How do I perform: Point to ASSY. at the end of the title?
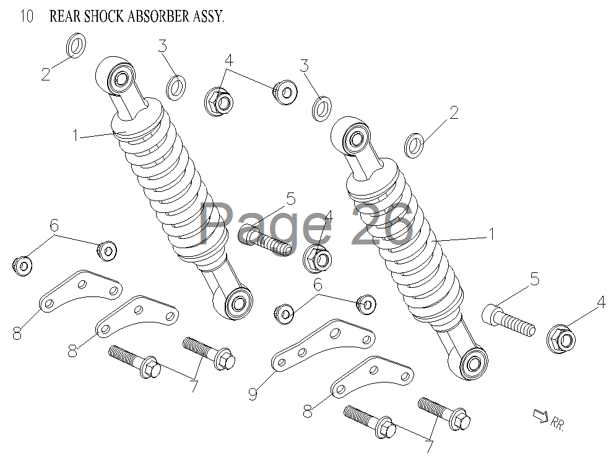[209, 17]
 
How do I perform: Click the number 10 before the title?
[27, 17]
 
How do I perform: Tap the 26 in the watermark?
[381, 224]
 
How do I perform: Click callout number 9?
[253, 393]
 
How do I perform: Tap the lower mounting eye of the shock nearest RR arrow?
[473, 364]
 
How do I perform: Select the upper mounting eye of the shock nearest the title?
[119, 78]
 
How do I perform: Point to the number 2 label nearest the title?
[46, 74]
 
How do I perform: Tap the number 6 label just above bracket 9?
[318, 285]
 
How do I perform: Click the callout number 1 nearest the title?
[76, 135]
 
